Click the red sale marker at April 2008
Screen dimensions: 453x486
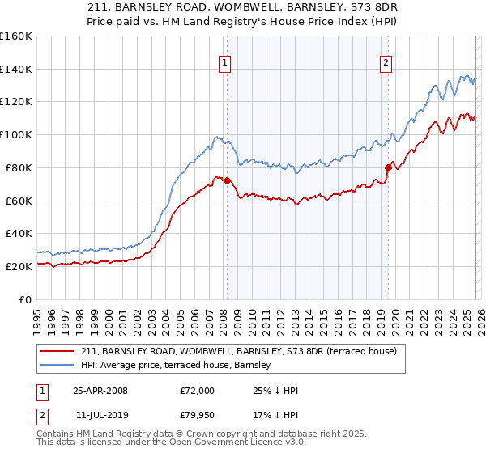tap(227, 180)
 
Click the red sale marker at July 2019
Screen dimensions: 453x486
tap(388, 167)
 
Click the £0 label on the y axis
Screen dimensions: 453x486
tap(24, 299)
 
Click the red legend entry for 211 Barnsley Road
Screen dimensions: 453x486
tap(238, 351)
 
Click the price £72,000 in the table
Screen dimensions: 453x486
tap(197, 391)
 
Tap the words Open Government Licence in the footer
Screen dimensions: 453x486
tap(217, 442)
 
